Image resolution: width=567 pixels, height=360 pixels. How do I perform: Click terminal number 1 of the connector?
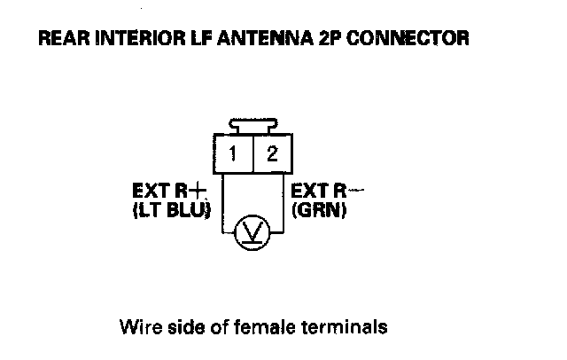(x=233, y=153)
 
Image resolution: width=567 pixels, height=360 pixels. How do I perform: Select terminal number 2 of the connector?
(x=271, y=153)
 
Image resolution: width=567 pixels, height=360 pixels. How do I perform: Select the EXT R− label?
(x=326, y=190)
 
